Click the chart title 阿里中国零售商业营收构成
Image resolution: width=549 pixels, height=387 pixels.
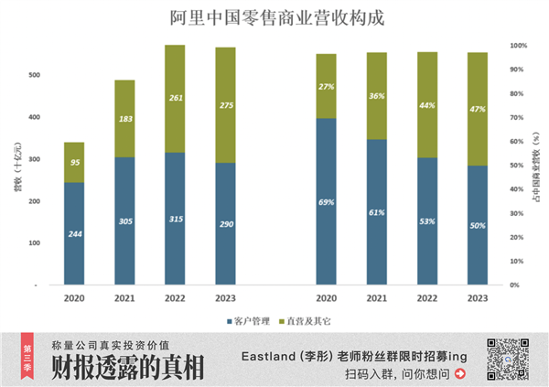(274, 18)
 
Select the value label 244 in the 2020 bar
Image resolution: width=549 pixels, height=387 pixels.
(74, 234)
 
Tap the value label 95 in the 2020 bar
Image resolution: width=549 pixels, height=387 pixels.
(74, 163)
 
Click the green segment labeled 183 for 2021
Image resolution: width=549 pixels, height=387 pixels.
(124, 119)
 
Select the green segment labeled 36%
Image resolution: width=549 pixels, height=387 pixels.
(375, 96)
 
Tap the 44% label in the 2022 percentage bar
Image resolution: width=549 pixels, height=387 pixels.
(425, 105)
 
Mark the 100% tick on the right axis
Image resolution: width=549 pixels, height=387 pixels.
(518, 45)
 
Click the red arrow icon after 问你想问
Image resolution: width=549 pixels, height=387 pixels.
(459, 373)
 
